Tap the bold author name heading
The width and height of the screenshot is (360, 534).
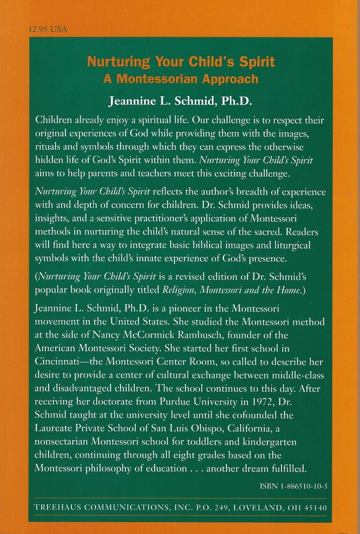point(180,102)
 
